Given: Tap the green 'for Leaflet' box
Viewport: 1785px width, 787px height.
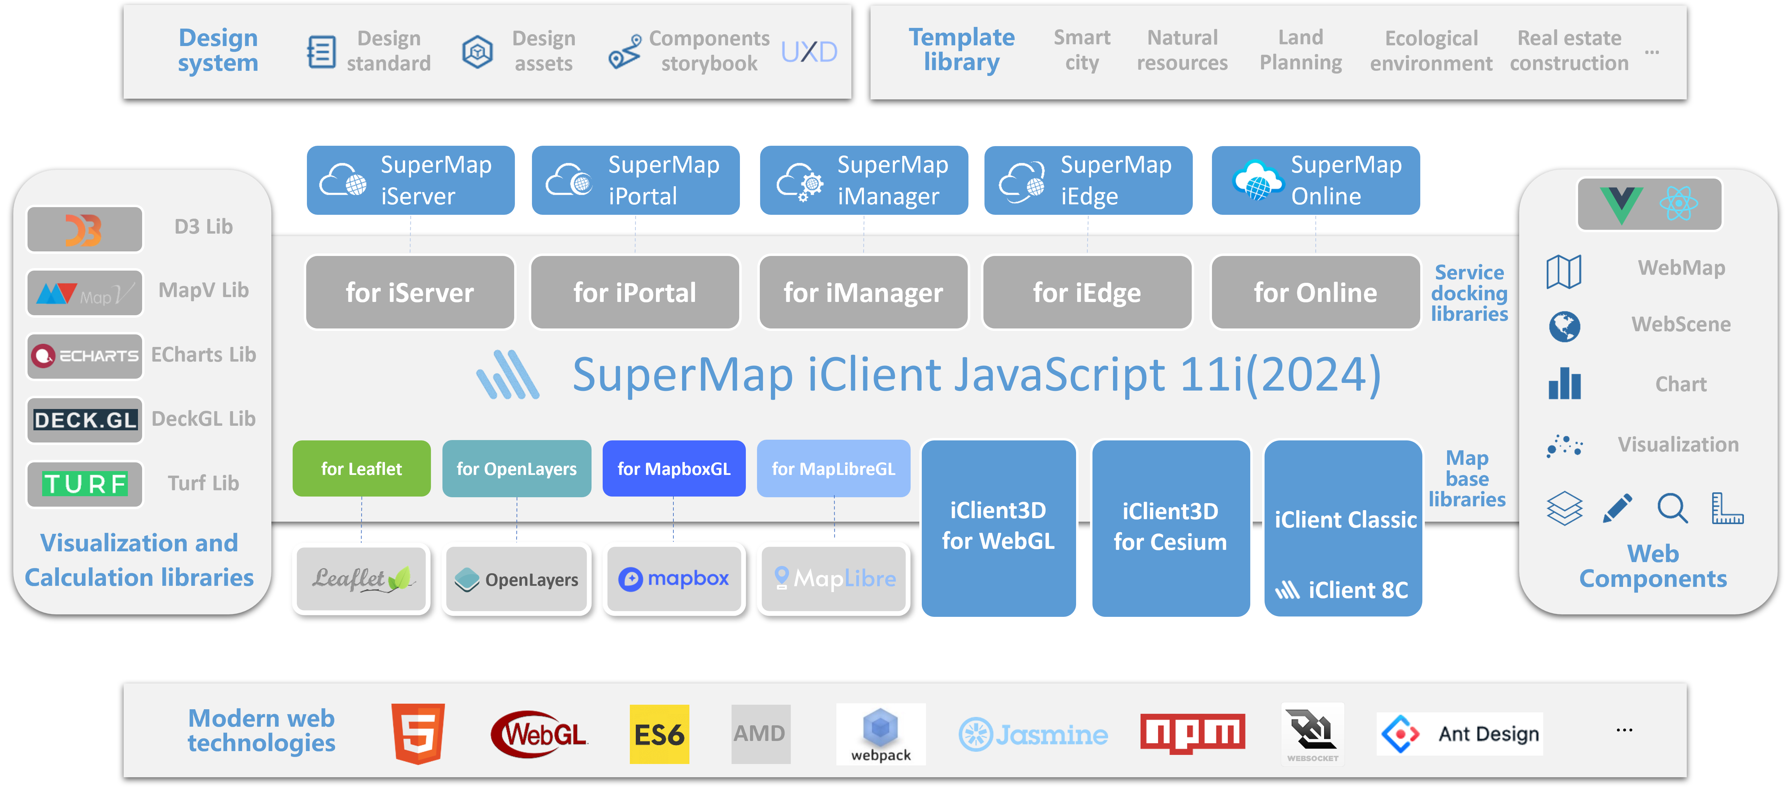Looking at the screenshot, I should pos(361,469).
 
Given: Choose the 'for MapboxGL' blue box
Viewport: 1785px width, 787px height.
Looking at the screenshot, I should pos(673,469).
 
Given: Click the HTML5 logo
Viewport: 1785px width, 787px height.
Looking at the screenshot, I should pos(418,734).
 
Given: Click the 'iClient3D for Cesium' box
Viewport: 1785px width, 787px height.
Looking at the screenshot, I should pos(1170,527).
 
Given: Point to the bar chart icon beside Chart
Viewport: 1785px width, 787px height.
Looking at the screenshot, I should pos(1564,384).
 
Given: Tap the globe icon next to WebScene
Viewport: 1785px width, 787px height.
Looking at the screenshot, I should pos(1564,326).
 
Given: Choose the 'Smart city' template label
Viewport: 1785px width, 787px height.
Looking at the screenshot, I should pos(1082,50).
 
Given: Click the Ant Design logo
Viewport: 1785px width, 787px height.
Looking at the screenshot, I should pos(1459,734).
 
